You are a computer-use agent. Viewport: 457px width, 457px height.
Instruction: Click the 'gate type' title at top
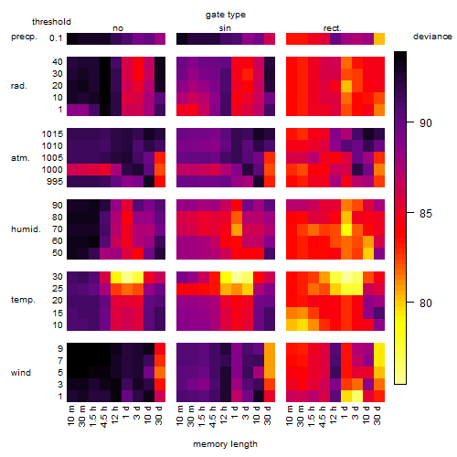click(226, 15)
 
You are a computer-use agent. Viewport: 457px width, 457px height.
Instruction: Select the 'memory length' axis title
click(225, 444)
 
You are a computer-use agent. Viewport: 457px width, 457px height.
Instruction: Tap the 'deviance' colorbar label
click(432, 37)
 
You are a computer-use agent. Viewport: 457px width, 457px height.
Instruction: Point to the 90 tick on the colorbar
click(426, 123)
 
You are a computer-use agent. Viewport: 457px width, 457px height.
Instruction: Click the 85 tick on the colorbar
click(426, 213)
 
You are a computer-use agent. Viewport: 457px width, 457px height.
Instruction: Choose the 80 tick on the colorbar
click(426, 303)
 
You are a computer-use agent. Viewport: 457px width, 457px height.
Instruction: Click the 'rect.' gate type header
click(333, 28)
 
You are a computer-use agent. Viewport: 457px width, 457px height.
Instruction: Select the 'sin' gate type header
click(225, 28)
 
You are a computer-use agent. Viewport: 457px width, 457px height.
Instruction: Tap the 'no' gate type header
click(118, 28)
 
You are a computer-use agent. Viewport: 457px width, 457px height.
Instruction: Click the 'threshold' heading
click(51, 22)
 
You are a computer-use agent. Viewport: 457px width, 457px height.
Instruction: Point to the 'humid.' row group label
click(26, 229)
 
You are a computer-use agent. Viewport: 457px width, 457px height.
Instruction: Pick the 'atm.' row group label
click(20, 158)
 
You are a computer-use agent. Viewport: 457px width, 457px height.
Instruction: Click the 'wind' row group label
click(21, 373)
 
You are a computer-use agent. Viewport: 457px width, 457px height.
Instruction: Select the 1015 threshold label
click(52, 134)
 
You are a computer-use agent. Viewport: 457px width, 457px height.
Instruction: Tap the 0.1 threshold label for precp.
click(56, 38)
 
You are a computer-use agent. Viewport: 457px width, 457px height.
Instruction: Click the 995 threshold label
click(55, 182)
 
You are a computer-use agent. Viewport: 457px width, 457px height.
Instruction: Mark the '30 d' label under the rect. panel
click(377, 415)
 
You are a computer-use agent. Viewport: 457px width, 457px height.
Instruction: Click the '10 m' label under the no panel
click(70, 415)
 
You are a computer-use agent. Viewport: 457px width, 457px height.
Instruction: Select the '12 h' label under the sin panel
click(224, 415)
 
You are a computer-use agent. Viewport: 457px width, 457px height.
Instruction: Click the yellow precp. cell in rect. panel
click(379, 39)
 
